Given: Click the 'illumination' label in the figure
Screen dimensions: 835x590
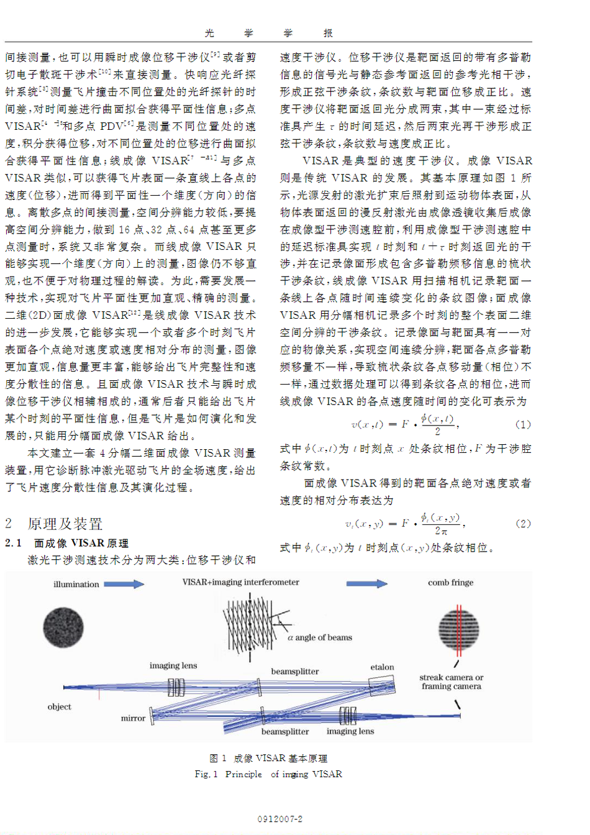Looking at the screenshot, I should click(76, 584).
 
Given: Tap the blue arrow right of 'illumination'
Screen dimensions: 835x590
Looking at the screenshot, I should click(124, 584).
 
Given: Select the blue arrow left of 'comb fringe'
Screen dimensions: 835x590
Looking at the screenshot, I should click(366, 583).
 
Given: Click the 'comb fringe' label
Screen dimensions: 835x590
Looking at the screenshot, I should click(450, 583).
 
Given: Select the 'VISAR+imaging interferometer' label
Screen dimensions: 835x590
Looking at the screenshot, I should click(240, 582).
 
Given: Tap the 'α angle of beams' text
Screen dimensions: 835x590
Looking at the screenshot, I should click(320, 637).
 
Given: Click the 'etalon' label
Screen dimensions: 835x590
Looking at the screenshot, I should click(382, 667).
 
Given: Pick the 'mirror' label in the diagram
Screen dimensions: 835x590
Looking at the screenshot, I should click(133, 718).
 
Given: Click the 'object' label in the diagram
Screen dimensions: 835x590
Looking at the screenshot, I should click(60, 706).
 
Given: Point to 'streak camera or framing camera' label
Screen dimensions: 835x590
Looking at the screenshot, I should click(451, 682).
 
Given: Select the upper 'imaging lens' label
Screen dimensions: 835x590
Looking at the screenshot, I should click(173, 665).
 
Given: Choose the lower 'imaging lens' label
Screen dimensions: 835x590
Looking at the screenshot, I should click(350, 731).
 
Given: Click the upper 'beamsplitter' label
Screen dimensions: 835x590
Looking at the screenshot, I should click(294, 672).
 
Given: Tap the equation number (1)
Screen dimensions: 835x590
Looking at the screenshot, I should click(523, 424).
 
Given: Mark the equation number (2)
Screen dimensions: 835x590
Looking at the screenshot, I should click(523, 523).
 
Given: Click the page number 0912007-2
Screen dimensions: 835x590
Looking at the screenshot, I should click(280, 819).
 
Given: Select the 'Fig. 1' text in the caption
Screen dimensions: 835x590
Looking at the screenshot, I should click(206, 774).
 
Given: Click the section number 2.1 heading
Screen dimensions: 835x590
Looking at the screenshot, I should click(14, 543).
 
